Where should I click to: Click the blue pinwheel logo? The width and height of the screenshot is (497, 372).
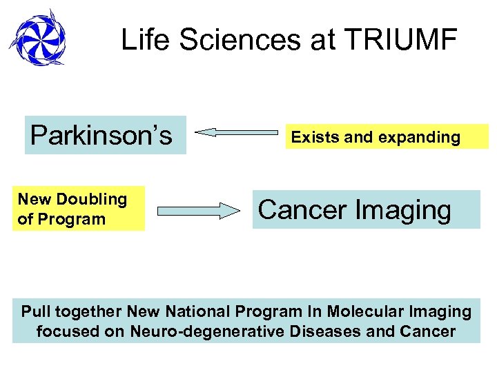click(38, 38)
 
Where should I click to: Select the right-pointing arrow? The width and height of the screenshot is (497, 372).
click(199, 211)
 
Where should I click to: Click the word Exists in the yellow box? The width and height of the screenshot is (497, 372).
click(315, 137)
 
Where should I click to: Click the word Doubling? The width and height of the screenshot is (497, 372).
click(92, 199)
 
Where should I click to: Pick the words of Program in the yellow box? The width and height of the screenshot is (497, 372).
click(62, 219)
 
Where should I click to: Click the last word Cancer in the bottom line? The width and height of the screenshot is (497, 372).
click(427, 331)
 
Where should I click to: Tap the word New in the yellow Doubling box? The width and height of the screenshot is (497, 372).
click(33, 199)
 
